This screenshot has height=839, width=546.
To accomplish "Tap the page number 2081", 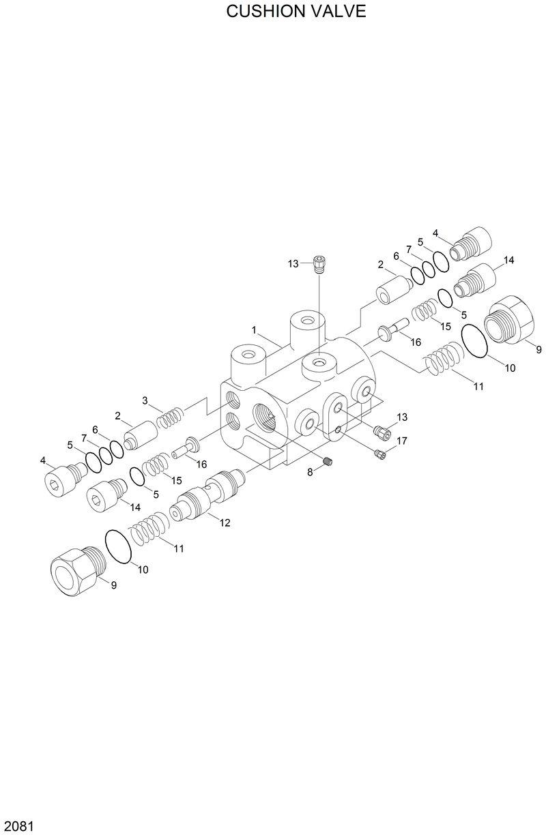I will coord(18,827).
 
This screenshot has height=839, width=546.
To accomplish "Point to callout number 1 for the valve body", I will coord(254,330).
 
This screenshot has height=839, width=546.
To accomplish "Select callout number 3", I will coord(145,400).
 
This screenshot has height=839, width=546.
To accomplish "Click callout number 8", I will coord(310,472).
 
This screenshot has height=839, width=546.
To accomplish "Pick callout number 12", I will coord(225,523).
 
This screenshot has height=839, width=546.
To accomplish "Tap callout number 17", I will coord(401,441).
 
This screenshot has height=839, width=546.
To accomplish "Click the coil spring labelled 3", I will coord(170,417).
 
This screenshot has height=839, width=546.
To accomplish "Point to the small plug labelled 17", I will coord(381,453).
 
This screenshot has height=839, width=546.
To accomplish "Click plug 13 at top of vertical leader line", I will coord(319,263).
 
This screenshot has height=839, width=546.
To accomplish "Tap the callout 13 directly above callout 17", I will coord(401,417).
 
